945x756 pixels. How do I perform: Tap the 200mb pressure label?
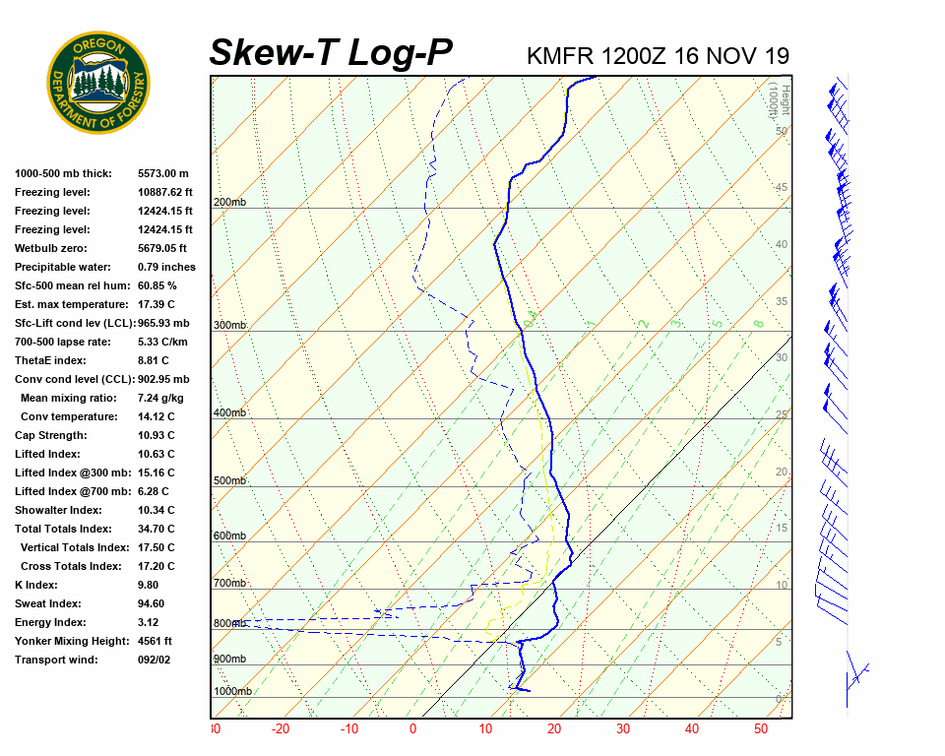click(230, 203)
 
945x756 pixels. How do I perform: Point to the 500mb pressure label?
click(230, 481)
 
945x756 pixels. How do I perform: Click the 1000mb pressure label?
click(233, 691)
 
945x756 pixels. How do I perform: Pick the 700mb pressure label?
click(230, 584)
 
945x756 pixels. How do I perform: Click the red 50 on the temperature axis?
click(760, 729)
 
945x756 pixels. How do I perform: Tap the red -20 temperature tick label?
click(281, 729)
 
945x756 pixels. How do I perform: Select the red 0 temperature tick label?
click(412, 729)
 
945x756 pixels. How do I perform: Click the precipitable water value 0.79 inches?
click(166, 267)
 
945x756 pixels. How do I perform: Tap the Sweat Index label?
click(48, 603)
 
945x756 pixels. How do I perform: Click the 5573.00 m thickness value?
click(163, 173)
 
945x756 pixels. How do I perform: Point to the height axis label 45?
click(782, 188)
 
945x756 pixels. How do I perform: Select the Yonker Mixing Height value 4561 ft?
click(155, 641)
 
